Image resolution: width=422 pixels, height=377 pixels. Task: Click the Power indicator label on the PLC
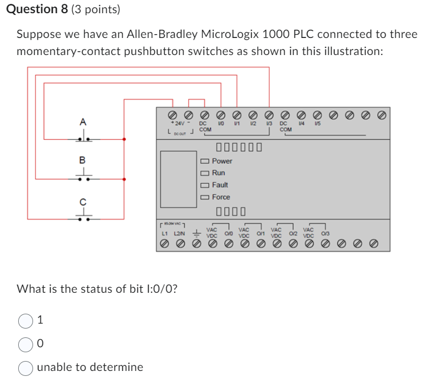click(221, 161)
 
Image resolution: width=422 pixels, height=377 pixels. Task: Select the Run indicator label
click(218, 173)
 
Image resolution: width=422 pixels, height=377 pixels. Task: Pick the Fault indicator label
click(220, 185)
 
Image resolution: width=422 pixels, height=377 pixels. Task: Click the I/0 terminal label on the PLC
click(220, 124)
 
